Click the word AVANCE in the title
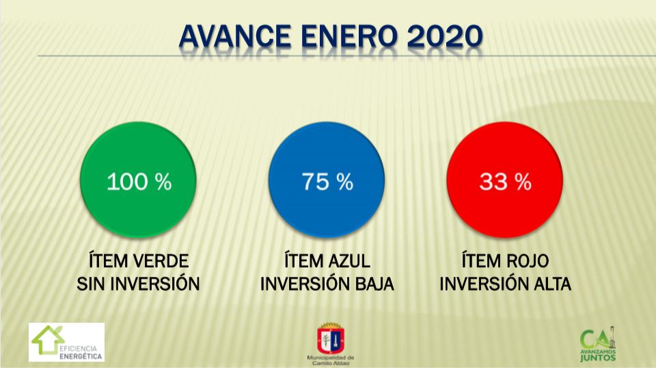(235, 36)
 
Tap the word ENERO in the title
(348, 36)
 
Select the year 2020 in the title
(445, 36)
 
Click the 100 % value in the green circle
(139, 182)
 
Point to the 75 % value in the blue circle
(327, 182)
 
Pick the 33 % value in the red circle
(505, 182)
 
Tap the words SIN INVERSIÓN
(138, 284)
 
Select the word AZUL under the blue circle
(349, 261)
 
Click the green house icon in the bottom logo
(47, 339)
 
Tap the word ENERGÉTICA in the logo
(81, 356)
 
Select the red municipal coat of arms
(331, 339)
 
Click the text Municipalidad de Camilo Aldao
(331, 360)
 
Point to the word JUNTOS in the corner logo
(598, 358)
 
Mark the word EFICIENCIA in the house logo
(78, 349)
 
